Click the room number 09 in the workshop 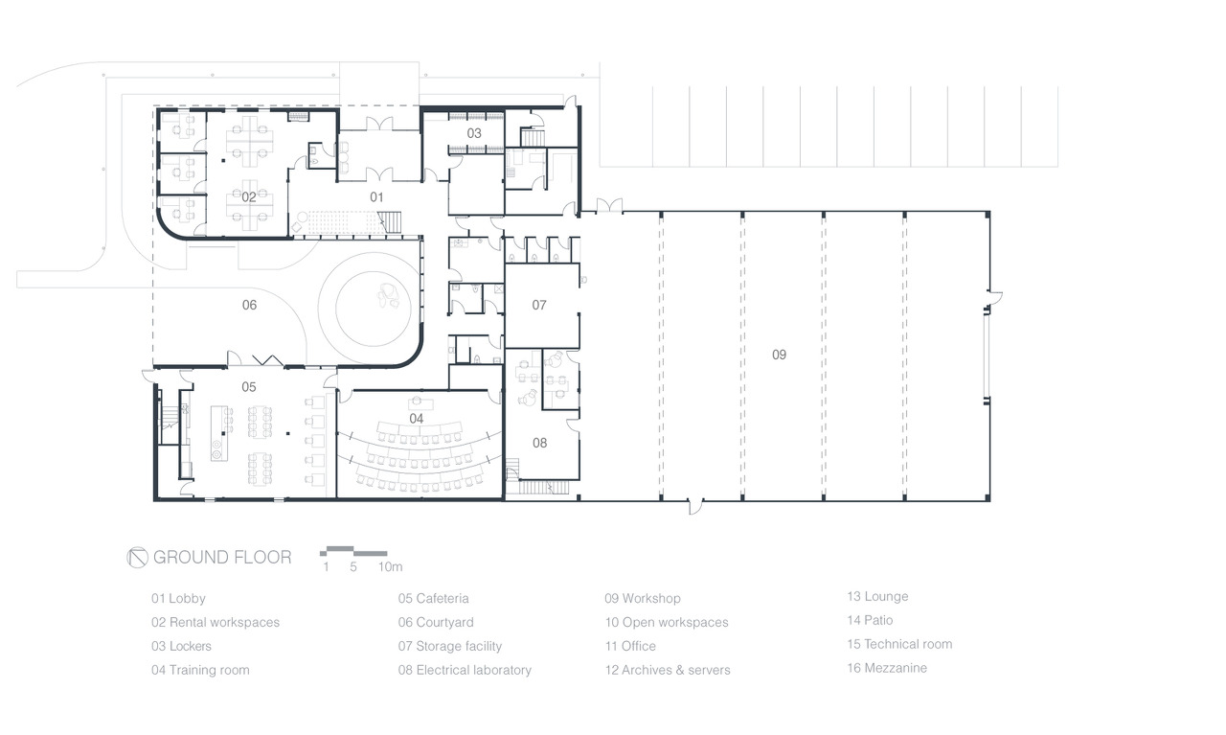point(779,355)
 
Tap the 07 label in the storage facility point(539,305)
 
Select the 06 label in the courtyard point(249,305)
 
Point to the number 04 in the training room point(416,419)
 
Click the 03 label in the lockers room point(474,133)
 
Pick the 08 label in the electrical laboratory point(539,443)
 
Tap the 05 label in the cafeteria point(248,387)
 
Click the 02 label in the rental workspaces point(248,197)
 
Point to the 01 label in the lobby point(376,197)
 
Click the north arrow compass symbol point(137,558)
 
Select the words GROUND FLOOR point(222,558)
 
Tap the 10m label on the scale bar point(390,567)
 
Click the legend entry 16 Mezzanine point(887,668)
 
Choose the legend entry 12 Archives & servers point(668,671)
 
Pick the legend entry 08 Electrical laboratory point(465,671)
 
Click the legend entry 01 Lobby point(178,599)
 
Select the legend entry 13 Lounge point(878,596)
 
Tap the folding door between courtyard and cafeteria point(267,360)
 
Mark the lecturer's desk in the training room point(420,404)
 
